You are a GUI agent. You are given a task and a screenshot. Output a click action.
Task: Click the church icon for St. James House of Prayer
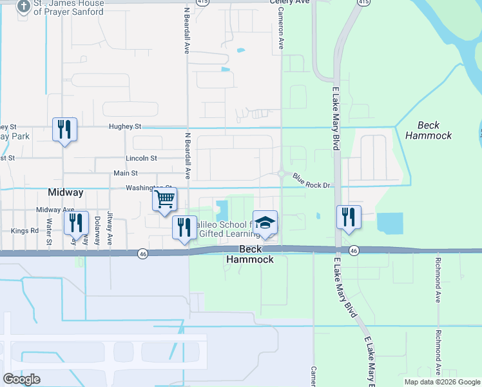coord(24,6)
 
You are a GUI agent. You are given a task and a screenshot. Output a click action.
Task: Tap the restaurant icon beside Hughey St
coord(64,130)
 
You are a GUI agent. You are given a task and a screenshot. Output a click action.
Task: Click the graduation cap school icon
coord(265,223)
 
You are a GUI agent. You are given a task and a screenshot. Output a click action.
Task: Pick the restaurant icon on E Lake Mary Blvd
coord(349,217)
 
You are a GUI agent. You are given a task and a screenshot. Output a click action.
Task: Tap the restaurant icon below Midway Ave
coord(77,223)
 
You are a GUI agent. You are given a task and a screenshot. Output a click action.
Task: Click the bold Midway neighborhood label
coord(66,193)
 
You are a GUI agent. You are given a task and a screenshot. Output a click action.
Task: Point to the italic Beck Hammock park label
coord(434,130)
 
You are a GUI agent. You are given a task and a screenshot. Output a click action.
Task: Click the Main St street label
coord(126,173)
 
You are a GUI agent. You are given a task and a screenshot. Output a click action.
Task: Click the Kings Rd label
coord(24,230)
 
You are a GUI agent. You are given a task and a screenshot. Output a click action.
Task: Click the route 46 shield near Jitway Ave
coord(142,254)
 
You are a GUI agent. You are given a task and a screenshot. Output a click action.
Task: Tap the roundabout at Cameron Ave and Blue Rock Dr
coord(282,173)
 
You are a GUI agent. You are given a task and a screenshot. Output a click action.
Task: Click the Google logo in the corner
coord(22,379)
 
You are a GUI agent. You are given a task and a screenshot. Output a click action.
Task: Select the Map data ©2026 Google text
coord(441,382)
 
